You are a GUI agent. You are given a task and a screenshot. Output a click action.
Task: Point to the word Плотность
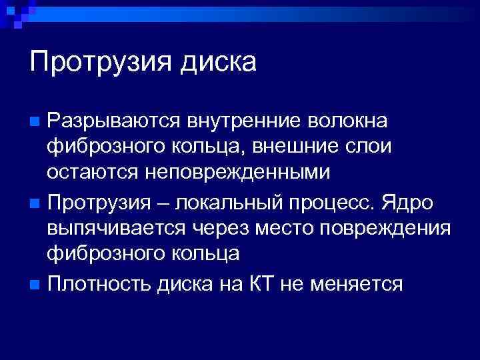(x=100, y=284)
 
